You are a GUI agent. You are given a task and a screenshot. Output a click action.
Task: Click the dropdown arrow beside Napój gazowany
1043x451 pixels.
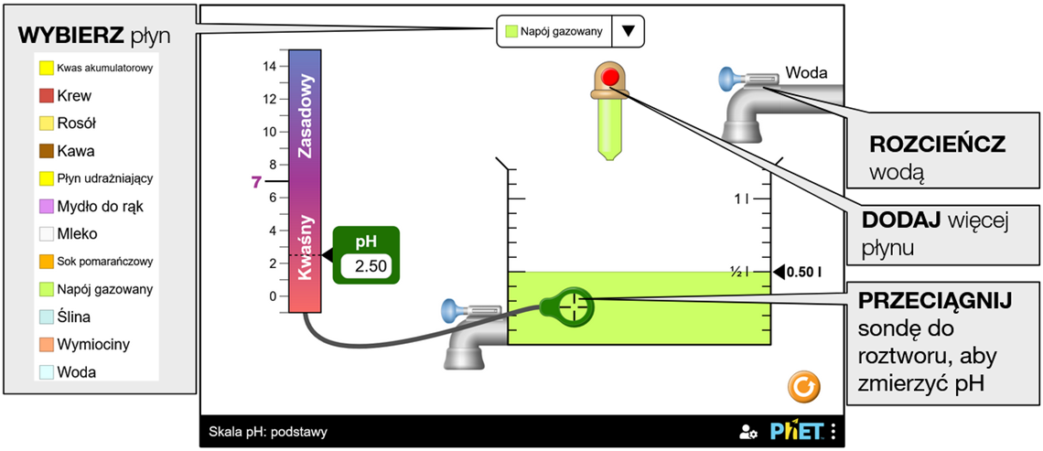point(628,31)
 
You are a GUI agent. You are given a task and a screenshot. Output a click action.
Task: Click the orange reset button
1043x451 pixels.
point(803,388)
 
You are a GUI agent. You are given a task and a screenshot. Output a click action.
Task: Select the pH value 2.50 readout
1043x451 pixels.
point(365,266)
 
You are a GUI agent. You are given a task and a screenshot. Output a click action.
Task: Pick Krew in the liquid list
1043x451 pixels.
point(73,95)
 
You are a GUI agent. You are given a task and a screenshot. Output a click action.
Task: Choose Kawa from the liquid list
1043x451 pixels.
point(75,151)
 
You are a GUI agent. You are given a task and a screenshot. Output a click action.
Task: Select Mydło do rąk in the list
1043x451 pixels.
point(100,207)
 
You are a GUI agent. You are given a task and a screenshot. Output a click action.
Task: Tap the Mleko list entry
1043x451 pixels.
point(77,234)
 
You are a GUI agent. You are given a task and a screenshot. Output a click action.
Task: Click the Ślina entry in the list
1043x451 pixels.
point(73,317)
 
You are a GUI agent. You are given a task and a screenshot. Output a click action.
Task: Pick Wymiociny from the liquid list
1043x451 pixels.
point(91,345)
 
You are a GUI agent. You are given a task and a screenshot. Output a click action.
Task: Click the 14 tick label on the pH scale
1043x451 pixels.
point(269,66)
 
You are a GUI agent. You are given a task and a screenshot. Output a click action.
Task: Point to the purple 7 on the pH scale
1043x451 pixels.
point(257,182)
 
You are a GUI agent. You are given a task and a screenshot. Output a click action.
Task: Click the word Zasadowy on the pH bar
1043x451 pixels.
point(308,117)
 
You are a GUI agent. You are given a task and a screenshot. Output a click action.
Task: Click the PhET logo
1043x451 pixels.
point(796,431)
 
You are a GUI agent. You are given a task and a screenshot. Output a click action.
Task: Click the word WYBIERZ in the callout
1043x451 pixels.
point(70,36)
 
